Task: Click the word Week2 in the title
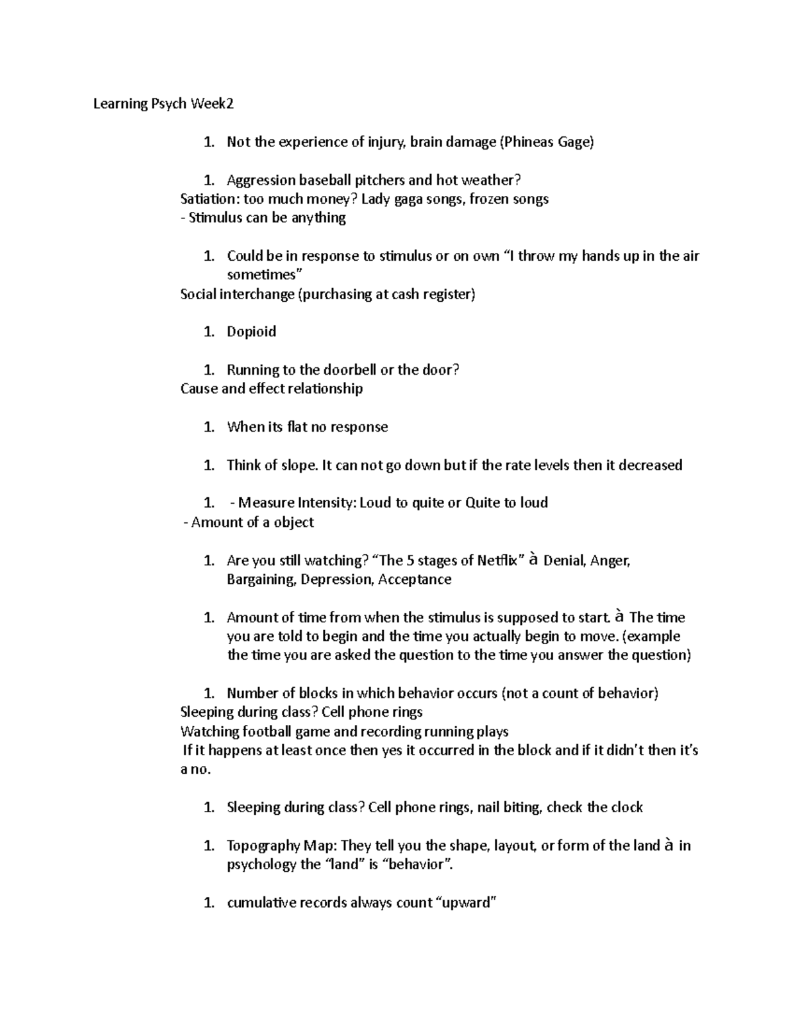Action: (212, 104)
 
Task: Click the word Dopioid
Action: (251, 332)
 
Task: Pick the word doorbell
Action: (350, 369)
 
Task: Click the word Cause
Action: (198, 389)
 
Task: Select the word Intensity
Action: (327, 502)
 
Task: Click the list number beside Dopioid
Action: (209, 332)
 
